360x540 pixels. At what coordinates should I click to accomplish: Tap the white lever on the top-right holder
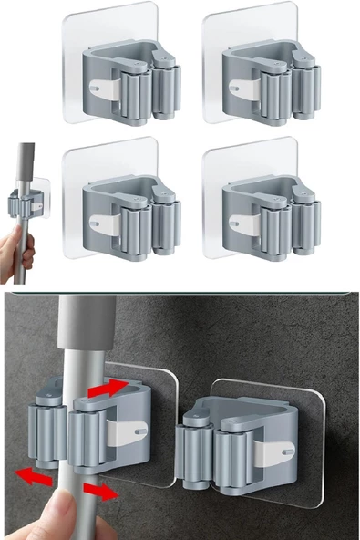[x=245, y=88]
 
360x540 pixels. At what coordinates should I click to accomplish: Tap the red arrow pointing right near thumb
[x=98, y=491]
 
